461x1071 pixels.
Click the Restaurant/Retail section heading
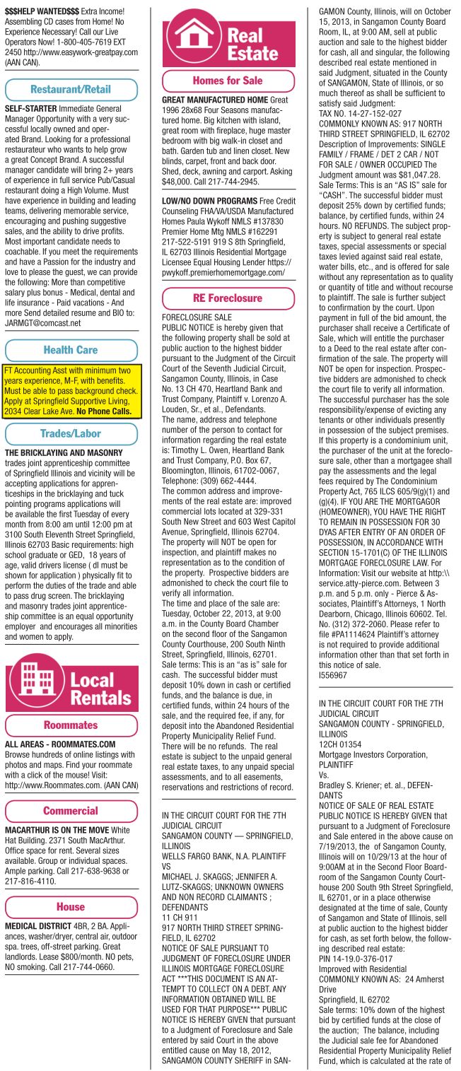[x=71, y=90]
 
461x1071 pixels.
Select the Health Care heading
[x=71, y=350]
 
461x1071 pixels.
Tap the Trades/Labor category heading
[x=71, y=433]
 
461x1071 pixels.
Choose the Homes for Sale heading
[x=228, y=81]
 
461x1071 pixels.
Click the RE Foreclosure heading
[x=228, y=298]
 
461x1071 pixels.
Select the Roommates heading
[x=71, y=725]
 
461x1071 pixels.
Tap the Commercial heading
[x=71, y=811]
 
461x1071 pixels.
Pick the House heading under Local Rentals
[x=71, y=906]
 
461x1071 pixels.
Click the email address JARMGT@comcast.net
[x=43, y=323]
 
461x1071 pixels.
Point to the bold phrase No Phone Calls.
[x=104, y=411]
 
